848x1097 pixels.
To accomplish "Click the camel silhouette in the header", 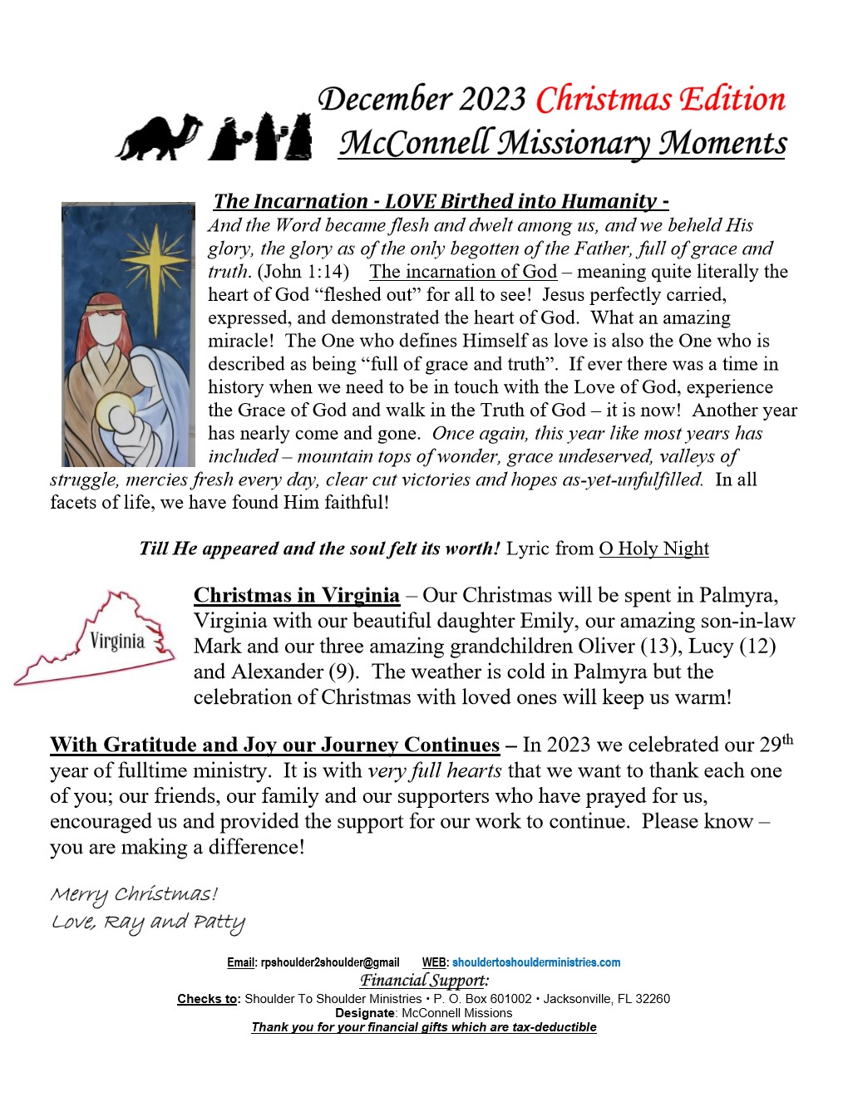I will click(x=158, y=137).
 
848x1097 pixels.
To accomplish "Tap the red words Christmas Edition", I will click(x=660, y=100).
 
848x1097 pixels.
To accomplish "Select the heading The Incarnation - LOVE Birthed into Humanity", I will click(x=441, y=201).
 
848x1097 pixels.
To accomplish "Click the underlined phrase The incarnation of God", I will click(x=463, y=272).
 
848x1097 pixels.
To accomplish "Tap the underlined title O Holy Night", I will click(x=653, y=548).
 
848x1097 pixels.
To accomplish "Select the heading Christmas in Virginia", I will click(x=297, y=595).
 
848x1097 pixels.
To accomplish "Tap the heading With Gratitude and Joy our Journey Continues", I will click(x=274, y=745).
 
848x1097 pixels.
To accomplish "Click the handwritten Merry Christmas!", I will click(x=134, y=894).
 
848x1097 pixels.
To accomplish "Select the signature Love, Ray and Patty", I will click(x=148, y=922).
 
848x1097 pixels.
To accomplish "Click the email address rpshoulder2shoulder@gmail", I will click(x=330, y=962).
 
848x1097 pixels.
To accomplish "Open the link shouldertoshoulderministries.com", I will click(x=536, y=962).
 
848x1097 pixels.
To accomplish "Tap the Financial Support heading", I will click(x=424, y=981).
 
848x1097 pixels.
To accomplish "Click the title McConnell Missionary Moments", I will click(x=562, y=143).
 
